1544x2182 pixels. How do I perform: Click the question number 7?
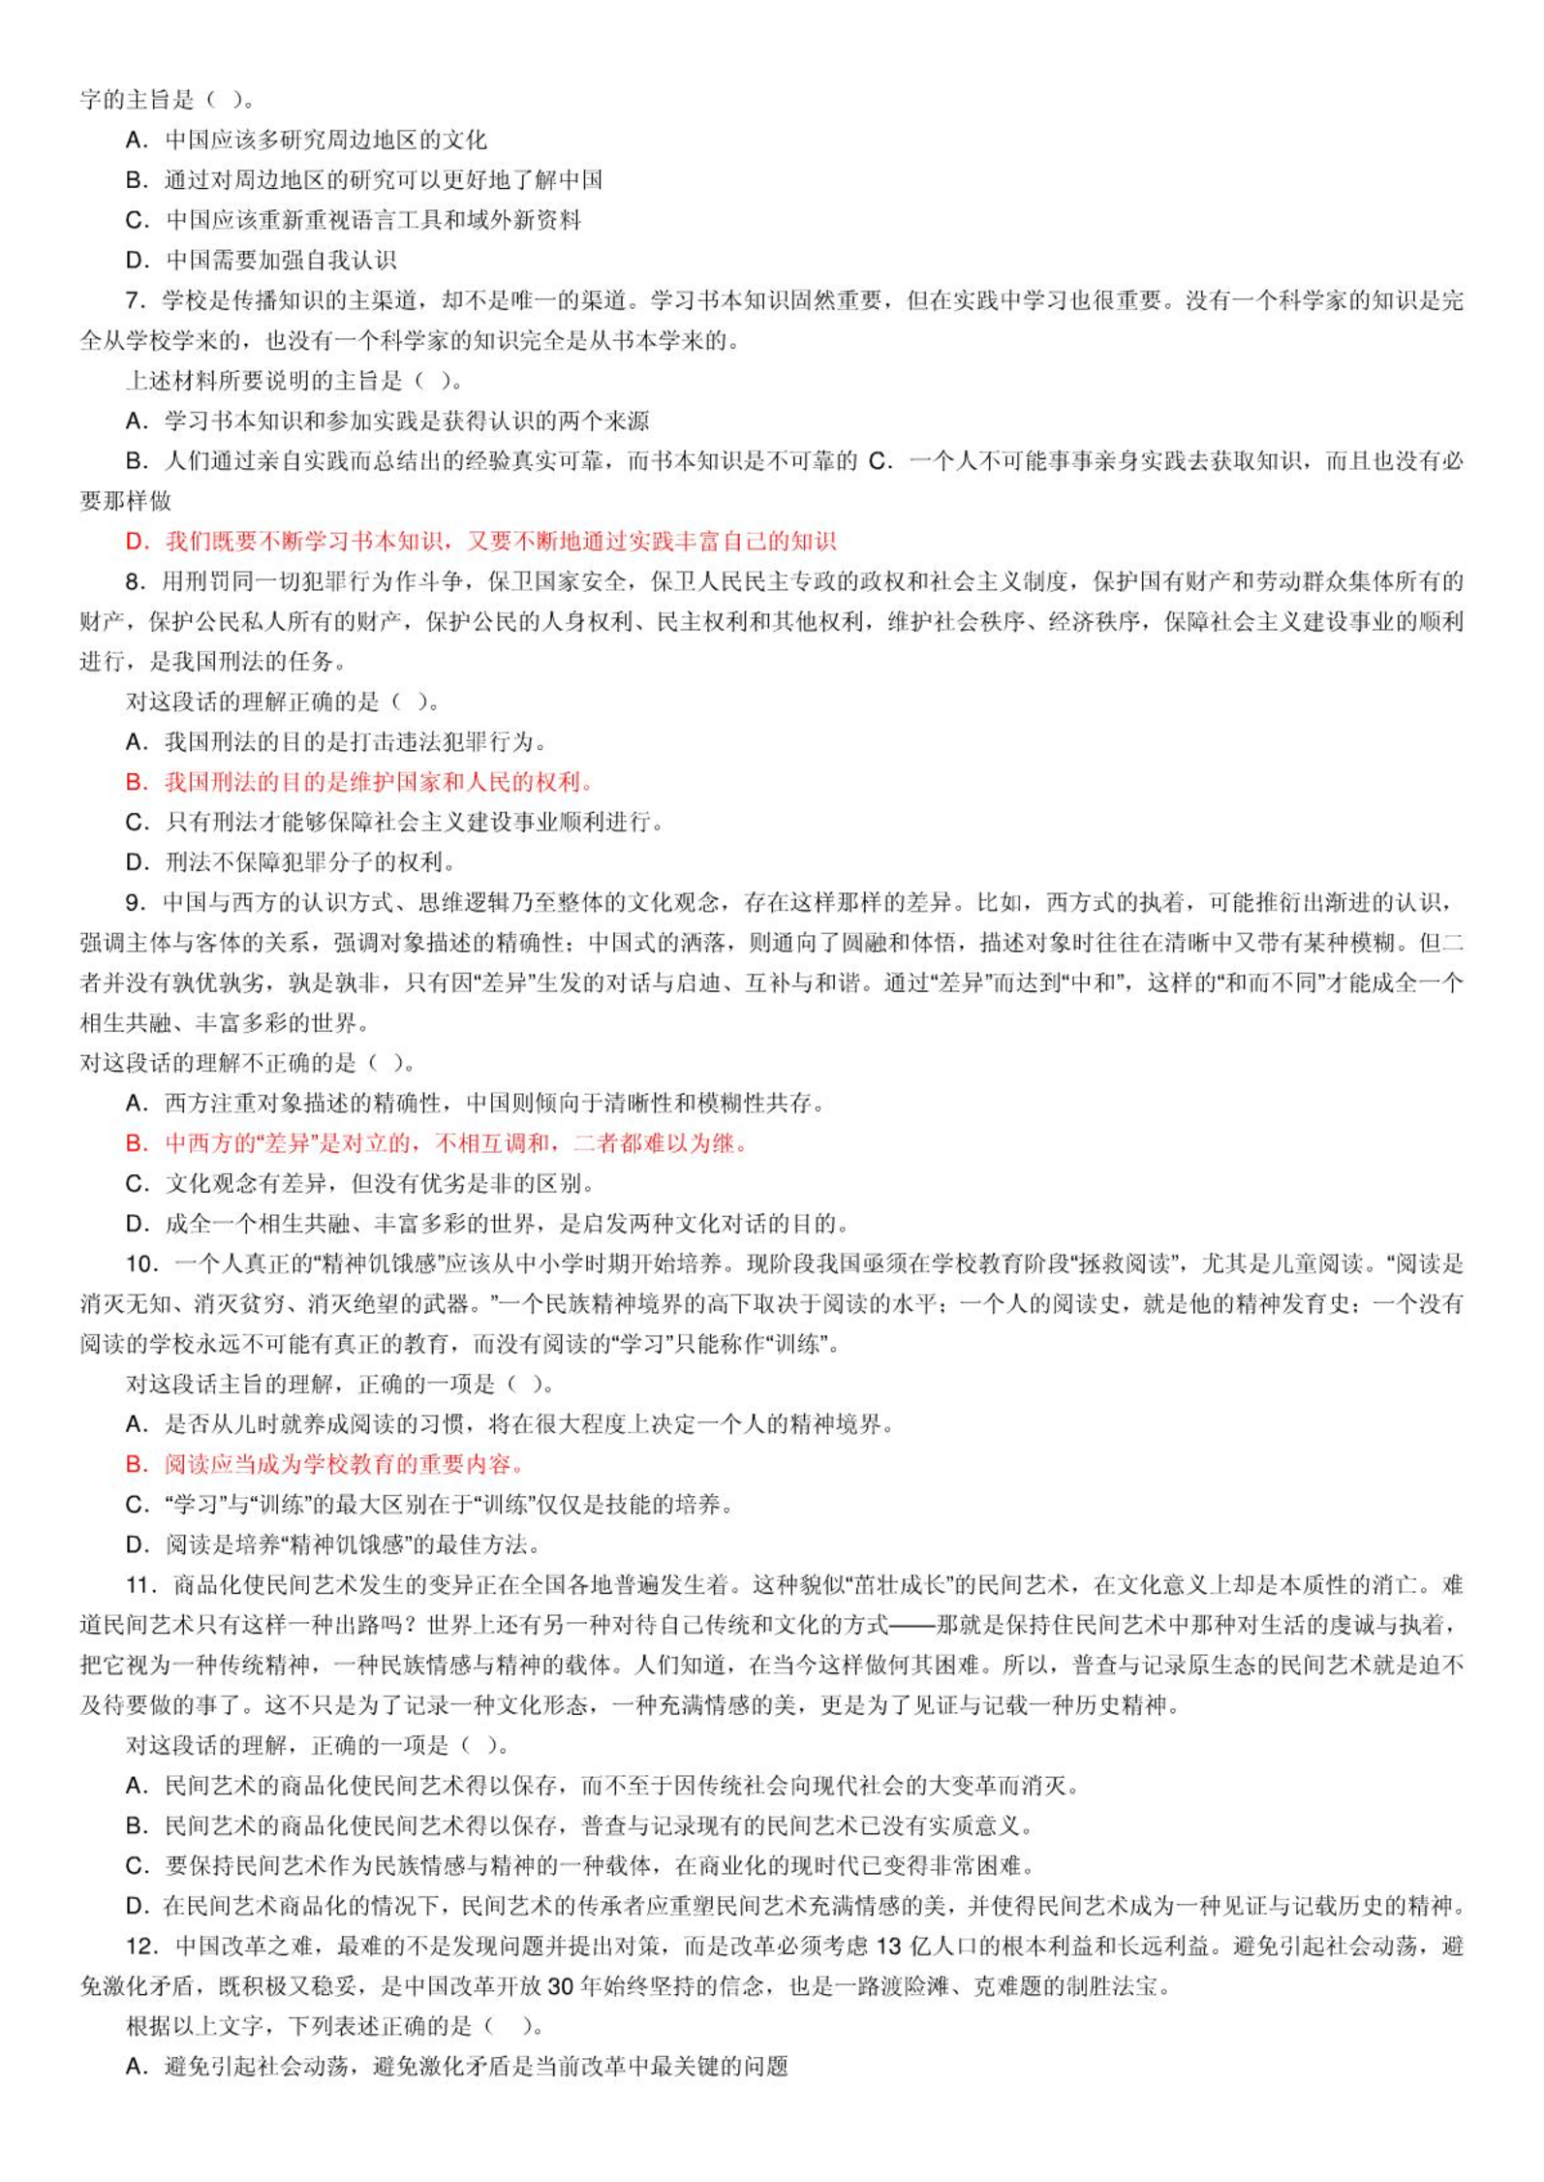(135, 301)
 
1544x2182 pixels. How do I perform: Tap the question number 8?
(135, 582)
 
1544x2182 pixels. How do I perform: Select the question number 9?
(135, 903)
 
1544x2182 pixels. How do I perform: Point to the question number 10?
(140, 1264)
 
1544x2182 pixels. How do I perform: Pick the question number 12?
(140, 1947)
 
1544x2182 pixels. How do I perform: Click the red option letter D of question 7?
(136, 542)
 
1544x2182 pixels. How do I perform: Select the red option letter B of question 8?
(136, 783)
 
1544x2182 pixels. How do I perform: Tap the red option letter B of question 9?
(136, 1143)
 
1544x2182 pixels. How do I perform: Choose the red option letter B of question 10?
(136, 1464)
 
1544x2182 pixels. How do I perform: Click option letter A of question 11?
(136, 1786)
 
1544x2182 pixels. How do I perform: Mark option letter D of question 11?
(136, 1906)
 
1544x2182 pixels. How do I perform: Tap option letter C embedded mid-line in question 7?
(879, 462)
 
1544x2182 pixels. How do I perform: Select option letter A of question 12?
(136, 2067)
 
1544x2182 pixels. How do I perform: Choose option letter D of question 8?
(136, 862)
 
